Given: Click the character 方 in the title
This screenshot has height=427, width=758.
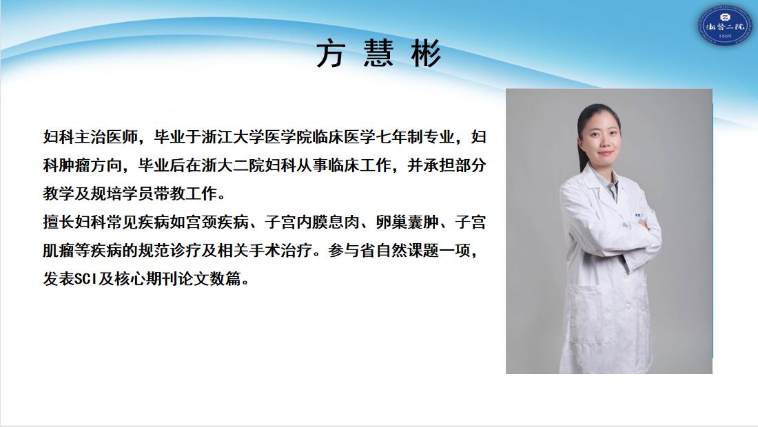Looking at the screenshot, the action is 330,54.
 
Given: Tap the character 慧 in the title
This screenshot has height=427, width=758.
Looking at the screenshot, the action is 378,54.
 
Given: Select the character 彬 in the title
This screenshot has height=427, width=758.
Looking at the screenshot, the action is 427,54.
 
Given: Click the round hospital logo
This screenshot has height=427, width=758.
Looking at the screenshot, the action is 724,25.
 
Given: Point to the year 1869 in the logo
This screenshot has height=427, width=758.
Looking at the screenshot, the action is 725,37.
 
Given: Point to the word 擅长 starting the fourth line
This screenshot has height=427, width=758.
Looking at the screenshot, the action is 59,222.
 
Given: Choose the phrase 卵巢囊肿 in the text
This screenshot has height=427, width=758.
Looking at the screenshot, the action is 407,222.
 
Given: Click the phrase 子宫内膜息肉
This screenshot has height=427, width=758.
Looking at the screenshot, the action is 311,222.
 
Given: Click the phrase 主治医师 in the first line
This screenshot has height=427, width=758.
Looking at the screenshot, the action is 106,137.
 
